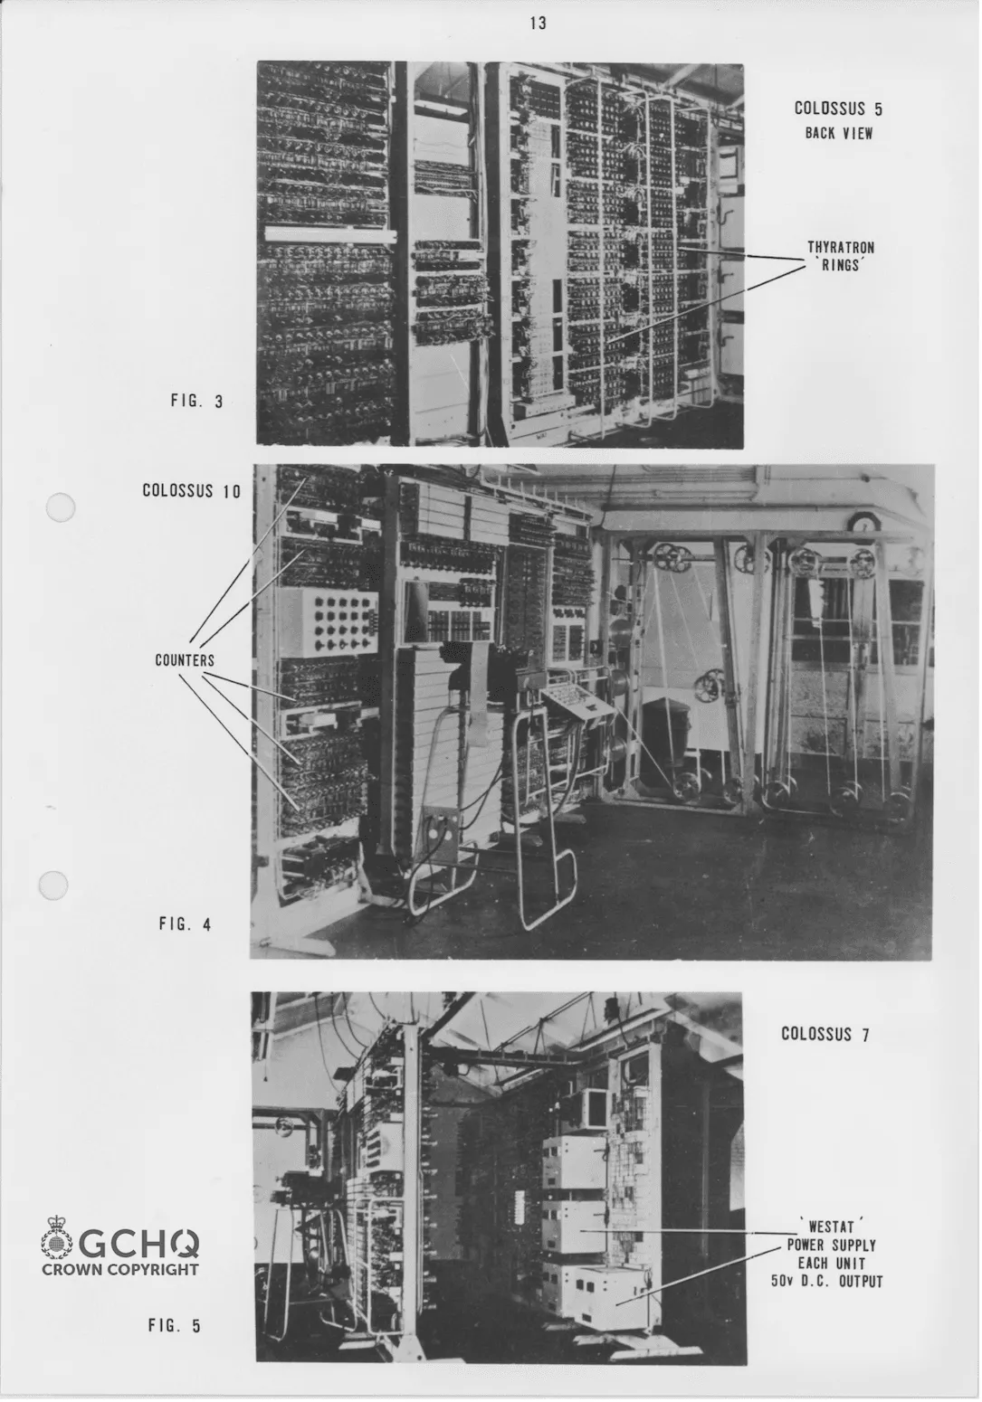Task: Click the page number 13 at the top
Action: pyautogui.click(x=538, y=24)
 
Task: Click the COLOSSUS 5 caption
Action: pyautogui.click(x=837, y=109)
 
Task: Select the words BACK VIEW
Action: pyautogui.click(x=838, y=133)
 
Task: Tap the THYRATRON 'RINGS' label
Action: pyautogui.click(x=840, y=256)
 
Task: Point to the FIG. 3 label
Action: pyautogui.click(x=196, y=402)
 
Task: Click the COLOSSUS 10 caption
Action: pyautogui.click(x=192, y=491)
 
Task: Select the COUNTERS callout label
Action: pyautogui.click(x=185, y=660)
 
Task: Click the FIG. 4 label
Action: pyautogui.click(x=185, y=924)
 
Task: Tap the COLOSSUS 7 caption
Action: pyautogui.click(x=825, y=1034)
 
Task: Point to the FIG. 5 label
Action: pyautogui.click(x=175, y=1326)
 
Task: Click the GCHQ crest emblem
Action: pyautogui.click(x=58, y=1239)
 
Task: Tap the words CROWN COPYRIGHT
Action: pyautogui.click(x=120, y=1269)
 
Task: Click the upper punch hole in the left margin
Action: pyautogui.click(x=60, y=508)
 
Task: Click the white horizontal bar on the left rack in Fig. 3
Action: pyautogui.click(x=329, y=233)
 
